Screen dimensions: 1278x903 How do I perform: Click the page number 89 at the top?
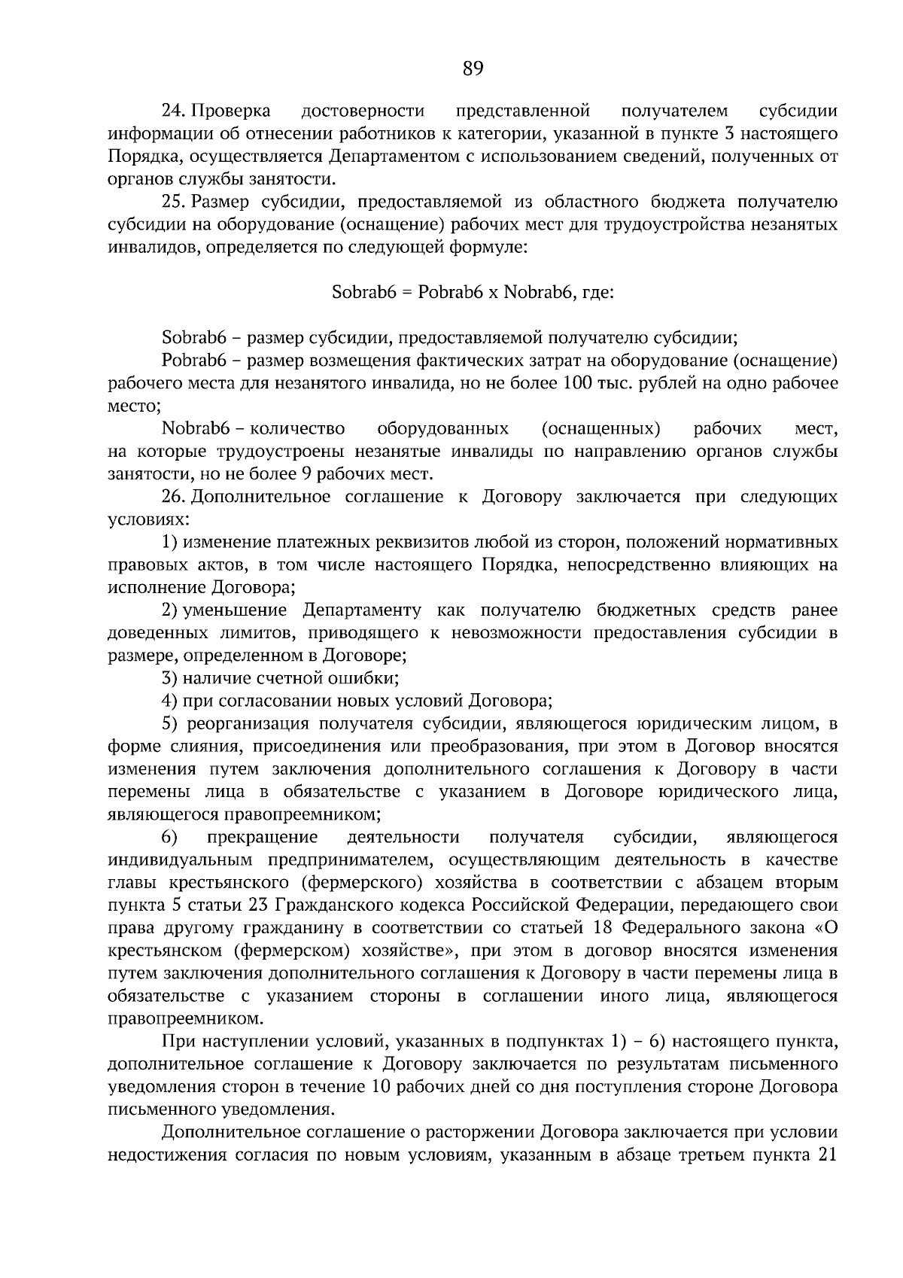pos(473,69)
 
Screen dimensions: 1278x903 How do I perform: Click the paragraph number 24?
pos(174,111)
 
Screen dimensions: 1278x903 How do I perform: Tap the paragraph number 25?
pos(174,202)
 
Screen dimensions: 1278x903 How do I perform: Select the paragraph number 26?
pos(174,497)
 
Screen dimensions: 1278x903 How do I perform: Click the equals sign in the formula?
pos(405,292)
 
